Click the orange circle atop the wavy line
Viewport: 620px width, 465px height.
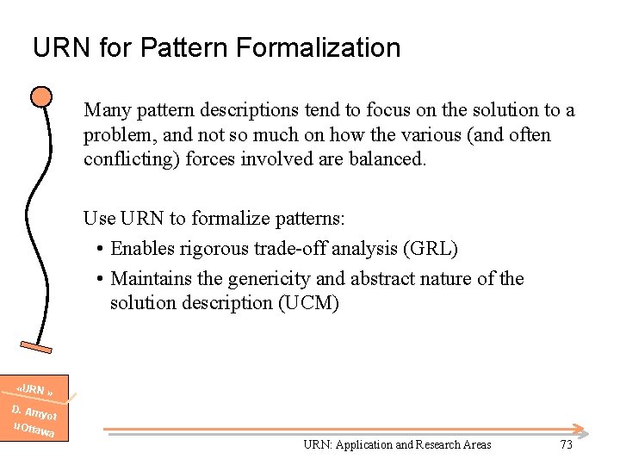[x=40, y=96]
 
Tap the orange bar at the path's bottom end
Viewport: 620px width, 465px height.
[x=36, y=346]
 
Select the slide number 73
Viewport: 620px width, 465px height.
[x=566, y=444]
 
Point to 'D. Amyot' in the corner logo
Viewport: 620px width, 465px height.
[x=34, y=412]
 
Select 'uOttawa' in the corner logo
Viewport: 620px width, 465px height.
[x=34, y=430]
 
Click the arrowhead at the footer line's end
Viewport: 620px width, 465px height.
[x=581, y=429]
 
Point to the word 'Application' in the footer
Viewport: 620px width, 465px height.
[x=363, y=445]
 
